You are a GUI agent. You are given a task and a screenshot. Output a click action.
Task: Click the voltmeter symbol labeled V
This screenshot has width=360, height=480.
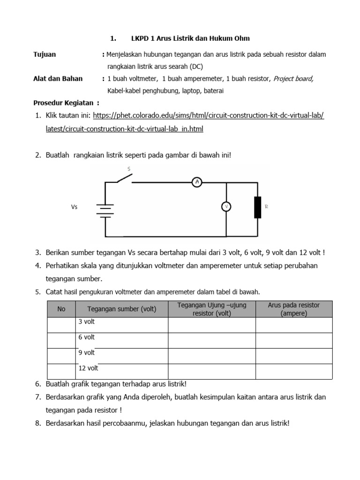click(x=226, y=207)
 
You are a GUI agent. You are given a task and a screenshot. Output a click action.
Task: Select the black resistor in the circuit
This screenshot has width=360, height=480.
click(x=257, y=208)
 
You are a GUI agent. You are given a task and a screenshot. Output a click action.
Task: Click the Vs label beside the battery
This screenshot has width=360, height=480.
click(x=74, y=207)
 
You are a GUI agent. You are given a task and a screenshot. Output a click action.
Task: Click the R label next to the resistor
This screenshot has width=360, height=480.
click(x=266, y=206)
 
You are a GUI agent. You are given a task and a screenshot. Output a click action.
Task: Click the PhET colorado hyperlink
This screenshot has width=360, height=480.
click(x=209, y=115)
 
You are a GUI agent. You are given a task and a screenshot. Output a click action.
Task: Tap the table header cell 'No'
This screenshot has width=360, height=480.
click(x=61, y=309)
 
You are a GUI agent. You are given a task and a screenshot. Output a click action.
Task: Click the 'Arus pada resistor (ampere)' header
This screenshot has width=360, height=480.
click(x=293, y=309)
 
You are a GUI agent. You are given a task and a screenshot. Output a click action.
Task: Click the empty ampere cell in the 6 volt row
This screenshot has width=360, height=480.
click(x=293, y=340)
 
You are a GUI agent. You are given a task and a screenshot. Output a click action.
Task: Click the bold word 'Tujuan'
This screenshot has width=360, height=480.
click(x=45, y=54)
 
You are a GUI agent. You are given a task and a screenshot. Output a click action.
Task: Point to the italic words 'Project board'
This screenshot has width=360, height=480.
click(x=293, y=79)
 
